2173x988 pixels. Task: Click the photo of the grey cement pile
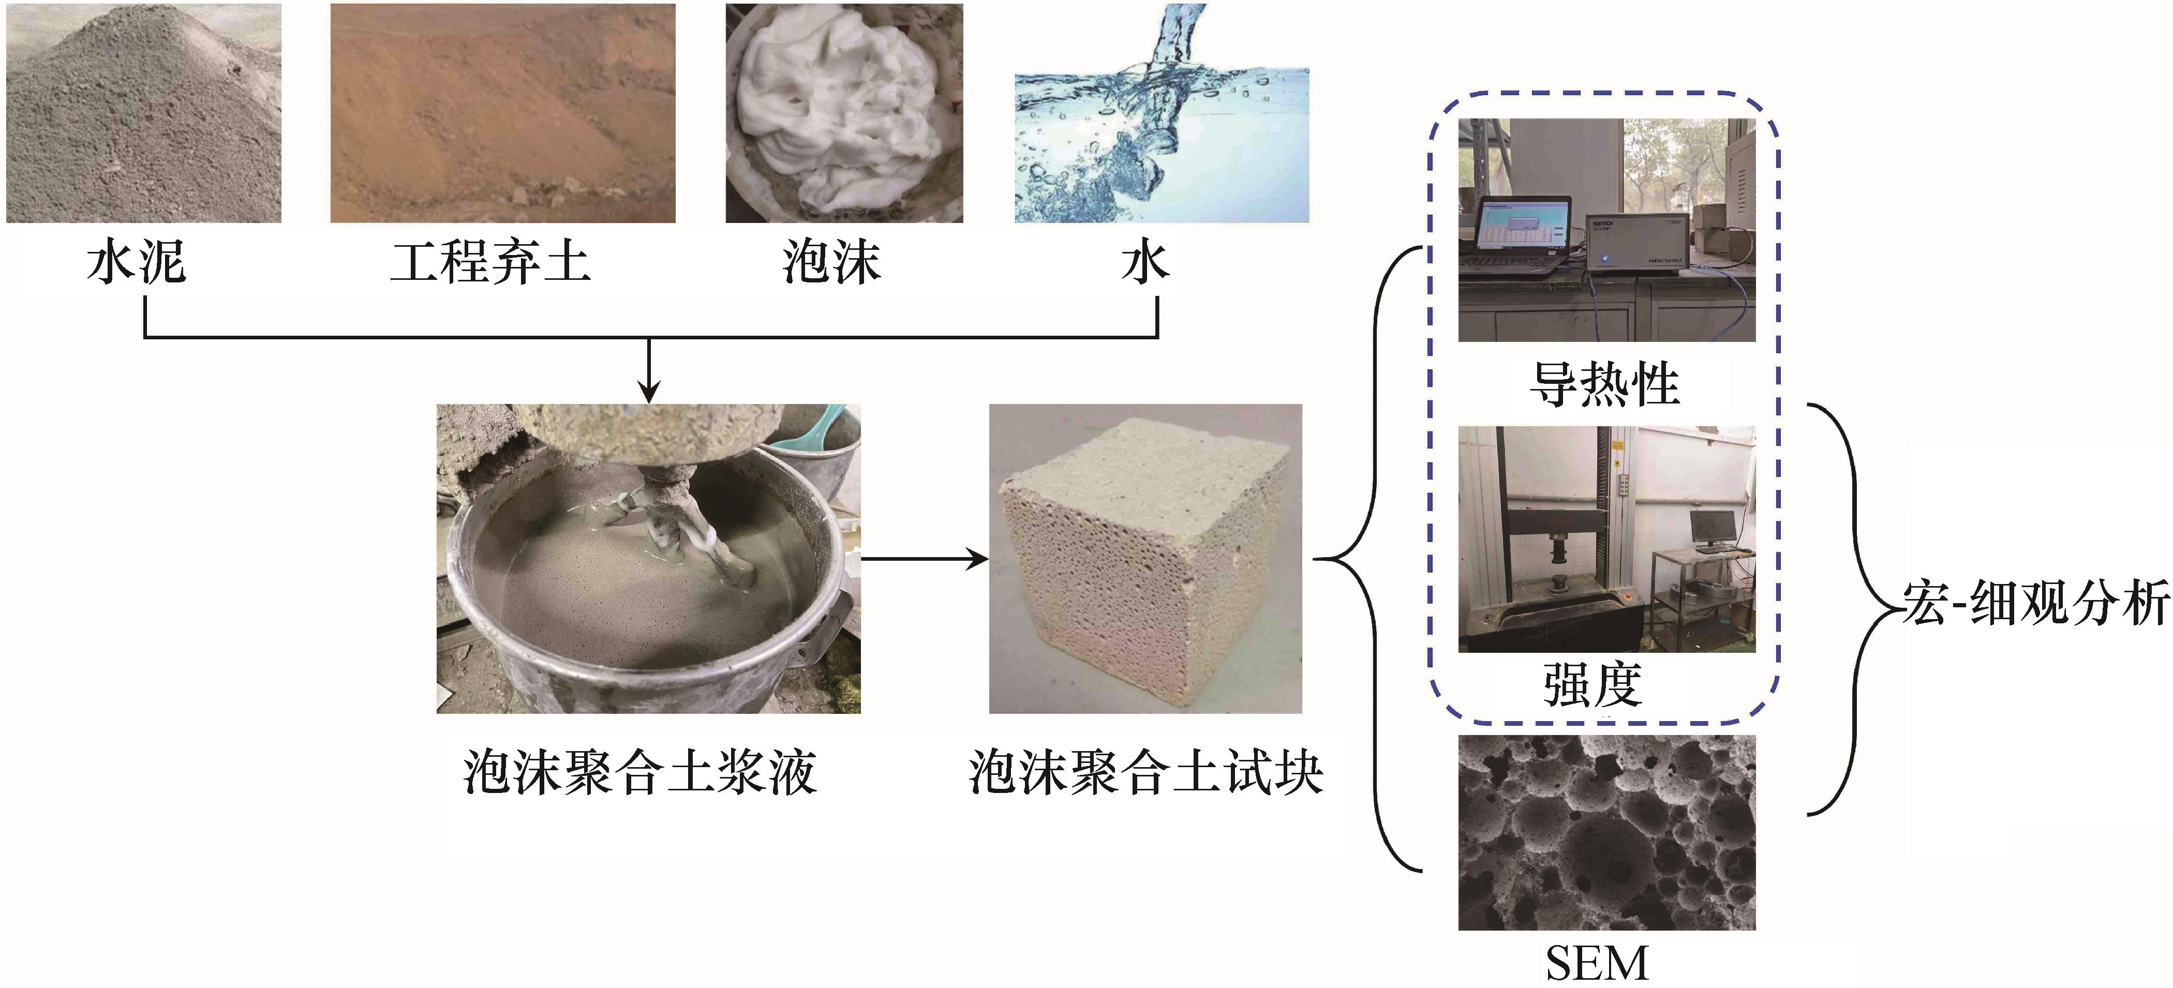tap(143, 113)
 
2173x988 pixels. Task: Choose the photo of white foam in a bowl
tap(843, 113)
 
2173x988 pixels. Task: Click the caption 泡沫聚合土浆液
tap(639, 772)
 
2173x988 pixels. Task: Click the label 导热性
tap(1604, 385)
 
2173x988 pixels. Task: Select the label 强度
tap(1592, 684)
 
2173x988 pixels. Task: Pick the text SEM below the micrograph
tap(1597, 963)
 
